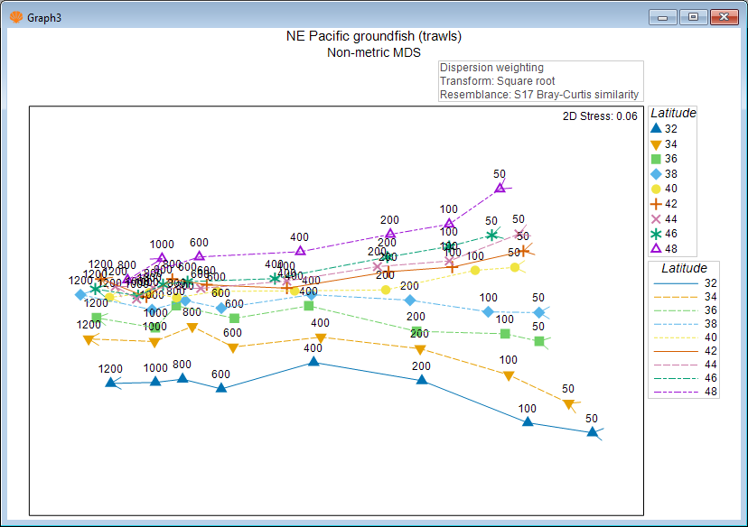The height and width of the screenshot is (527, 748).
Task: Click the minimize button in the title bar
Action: pos(668,17)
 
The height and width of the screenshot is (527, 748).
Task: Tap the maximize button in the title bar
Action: pos(693,17)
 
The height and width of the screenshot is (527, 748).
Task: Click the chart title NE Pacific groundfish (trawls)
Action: pos(373,37)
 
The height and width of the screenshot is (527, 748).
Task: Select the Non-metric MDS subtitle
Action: pos(373,52)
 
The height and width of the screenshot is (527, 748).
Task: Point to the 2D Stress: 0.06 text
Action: pos(600,116)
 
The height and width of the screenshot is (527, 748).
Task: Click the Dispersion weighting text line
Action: pos(491,68)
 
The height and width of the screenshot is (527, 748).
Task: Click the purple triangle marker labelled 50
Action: pos(500,188)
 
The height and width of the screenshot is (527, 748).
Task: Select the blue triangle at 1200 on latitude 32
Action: pos(111,383)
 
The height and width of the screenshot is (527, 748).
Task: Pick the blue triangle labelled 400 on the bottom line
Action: pos(313,361)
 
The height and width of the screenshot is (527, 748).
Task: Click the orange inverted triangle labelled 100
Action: pos(509,375)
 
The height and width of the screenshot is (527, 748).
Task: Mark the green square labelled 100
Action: pos(505,334)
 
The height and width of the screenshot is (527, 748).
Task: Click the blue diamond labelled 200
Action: pos(409,300)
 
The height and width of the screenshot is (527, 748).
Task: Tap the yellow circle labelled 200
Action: pos(386,290)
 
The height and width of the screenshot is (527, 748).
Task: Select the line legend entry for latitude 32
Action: pos(684,282)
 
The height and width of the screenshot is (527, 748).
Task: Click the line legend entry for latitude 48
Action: pos(684,391)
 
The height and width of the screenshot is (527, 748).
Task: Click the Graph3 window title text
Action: pos(43,17)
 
